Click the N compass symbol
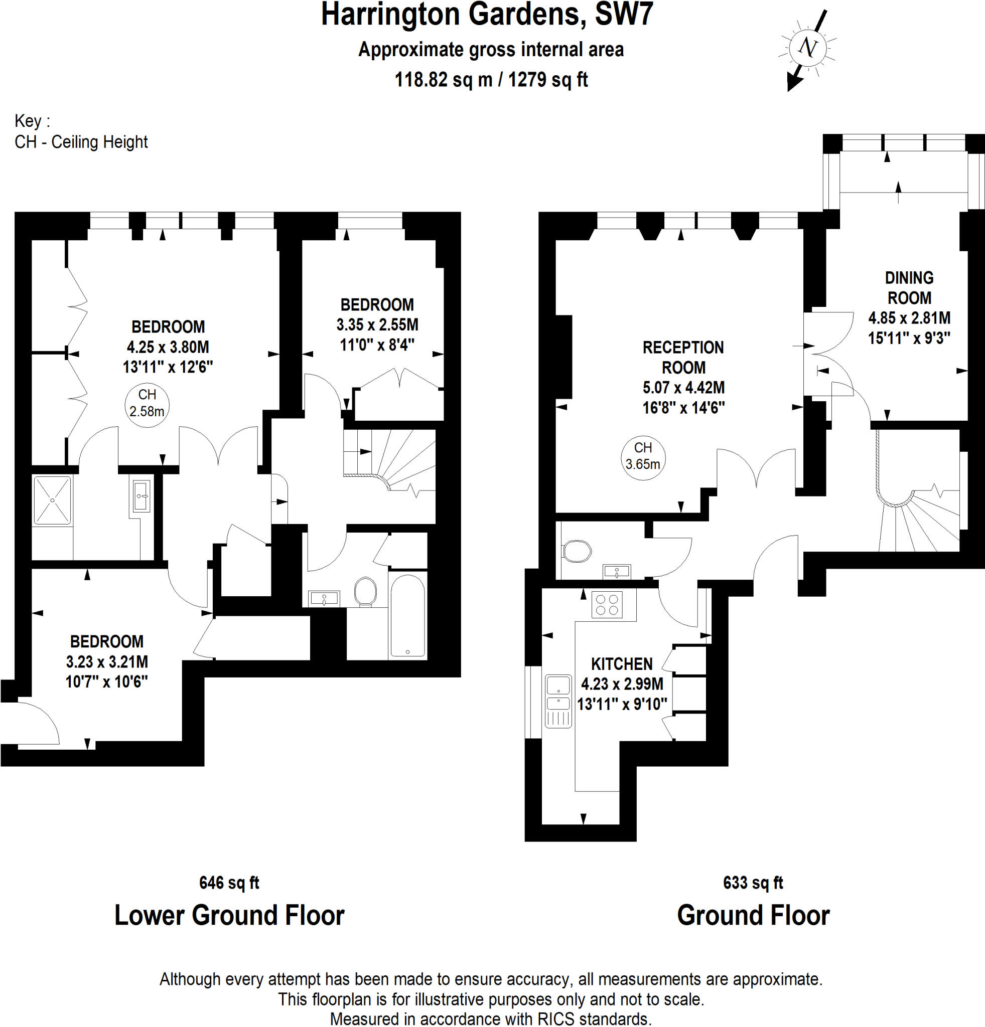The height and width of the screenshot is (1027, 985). (808, 48)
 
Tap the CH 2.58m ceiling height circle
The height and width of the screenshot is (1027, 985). (147, 404)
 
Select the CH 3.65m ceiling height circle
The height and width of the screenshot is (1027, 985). (643, 456)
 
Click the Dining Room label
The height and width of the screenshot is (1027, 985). (909, 288)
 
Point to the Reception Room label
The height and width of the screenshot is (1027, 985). (683, 358)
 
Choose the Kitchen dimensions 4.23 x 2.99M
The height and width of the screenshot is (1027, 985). (622, 684)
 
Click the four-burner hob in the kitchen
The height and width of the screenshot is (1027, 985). (607, 605)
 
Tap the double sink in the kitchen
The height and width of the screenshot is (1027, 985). (558, 701)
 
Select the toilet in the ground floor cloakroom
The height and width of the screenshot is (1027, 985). (577, 551)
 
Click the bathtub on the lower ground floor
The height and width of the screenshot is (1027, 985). (408, 616)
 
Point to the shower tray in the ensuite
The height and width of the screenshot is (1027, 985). (52, 500)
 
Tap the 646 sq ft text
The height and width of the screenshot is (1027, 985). (229, 883)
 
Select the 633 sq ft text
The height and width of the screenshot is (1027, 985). (753, 883)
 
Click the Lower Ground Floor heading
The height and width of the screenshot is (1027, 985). (229, 915)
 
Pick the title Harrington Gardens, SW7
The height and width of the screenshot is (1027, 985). (487, 15)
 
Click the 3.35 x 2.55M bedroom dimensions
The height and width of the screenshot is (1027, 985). (377, 325)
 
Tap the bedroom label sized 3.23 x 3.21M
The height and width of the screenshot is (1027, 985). (107, 641)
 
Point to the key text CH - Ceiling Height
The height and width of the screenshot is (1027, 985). (81, 142)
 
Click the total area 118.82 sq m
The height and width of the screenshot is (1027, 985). (443, 80)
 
